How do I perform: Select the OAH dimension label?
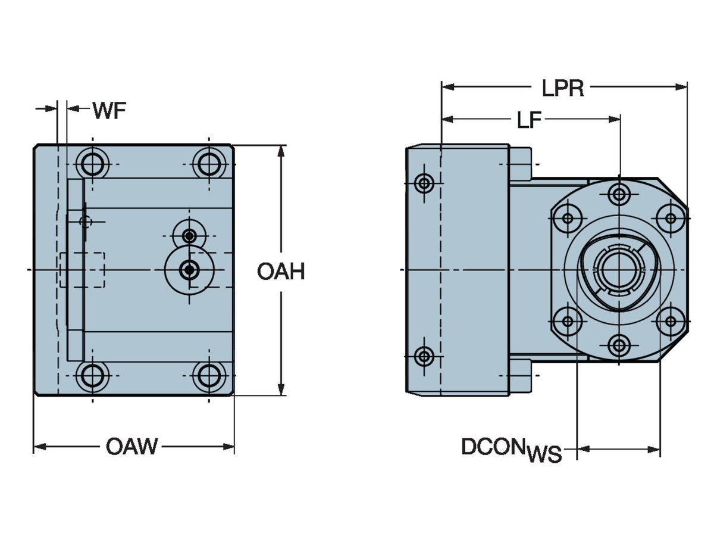tap(281, 272)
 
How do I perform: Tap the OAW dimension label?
tap(131, 446)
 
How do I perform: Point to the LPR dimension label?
tap(562, 88)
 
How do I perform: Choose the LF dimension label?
tap(528, 120)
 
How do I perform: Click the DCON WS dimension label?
tap(511, 451)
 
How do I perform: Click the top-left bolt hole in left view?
tap(92, 163)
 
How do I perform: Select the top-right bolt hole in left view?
tap(208, 163)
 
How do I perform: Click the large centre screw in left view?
tap(189, 270)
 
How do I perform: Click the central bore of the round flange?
tap(619, 269)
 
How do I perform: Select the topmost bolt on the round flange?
tap(619, 194)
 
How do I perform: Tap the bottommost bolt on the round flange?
tap(619, 345)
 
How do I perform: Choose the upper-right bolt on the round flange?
tap(671, 218)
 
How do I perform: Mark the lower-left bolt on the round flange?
tap(568, 322)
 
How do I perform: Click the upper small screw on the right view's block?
tap(424, 182)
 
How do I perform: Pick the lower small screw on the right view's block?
tap(424, 357)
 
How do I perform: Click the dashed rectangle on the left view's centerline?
tap(83, 269)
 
